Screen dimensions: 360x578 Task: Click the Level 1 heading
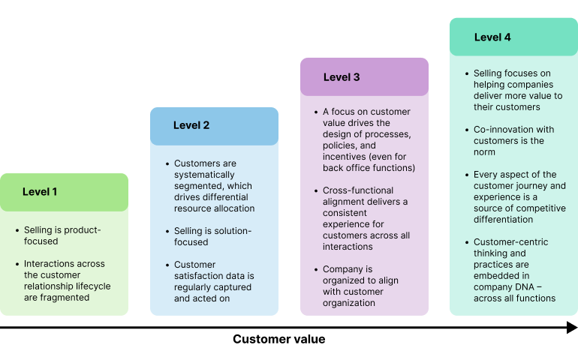coord(40,192)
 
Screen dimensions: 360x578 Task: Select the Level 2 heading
coord(191,125)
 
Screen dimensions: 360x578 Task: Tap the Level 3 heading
coord(342,77)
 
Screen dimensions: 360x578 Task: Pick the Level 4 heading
coord(492,37)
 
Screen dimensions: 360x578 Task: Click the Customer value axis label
coord(278,339)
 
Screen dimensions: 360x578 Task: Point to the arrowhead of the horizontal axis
coord(572,327)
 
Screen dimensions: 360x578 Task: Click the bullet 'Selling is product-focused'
coord(62,235)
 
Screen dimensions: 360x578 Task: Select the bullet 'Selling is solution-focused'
coord(212,236)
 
